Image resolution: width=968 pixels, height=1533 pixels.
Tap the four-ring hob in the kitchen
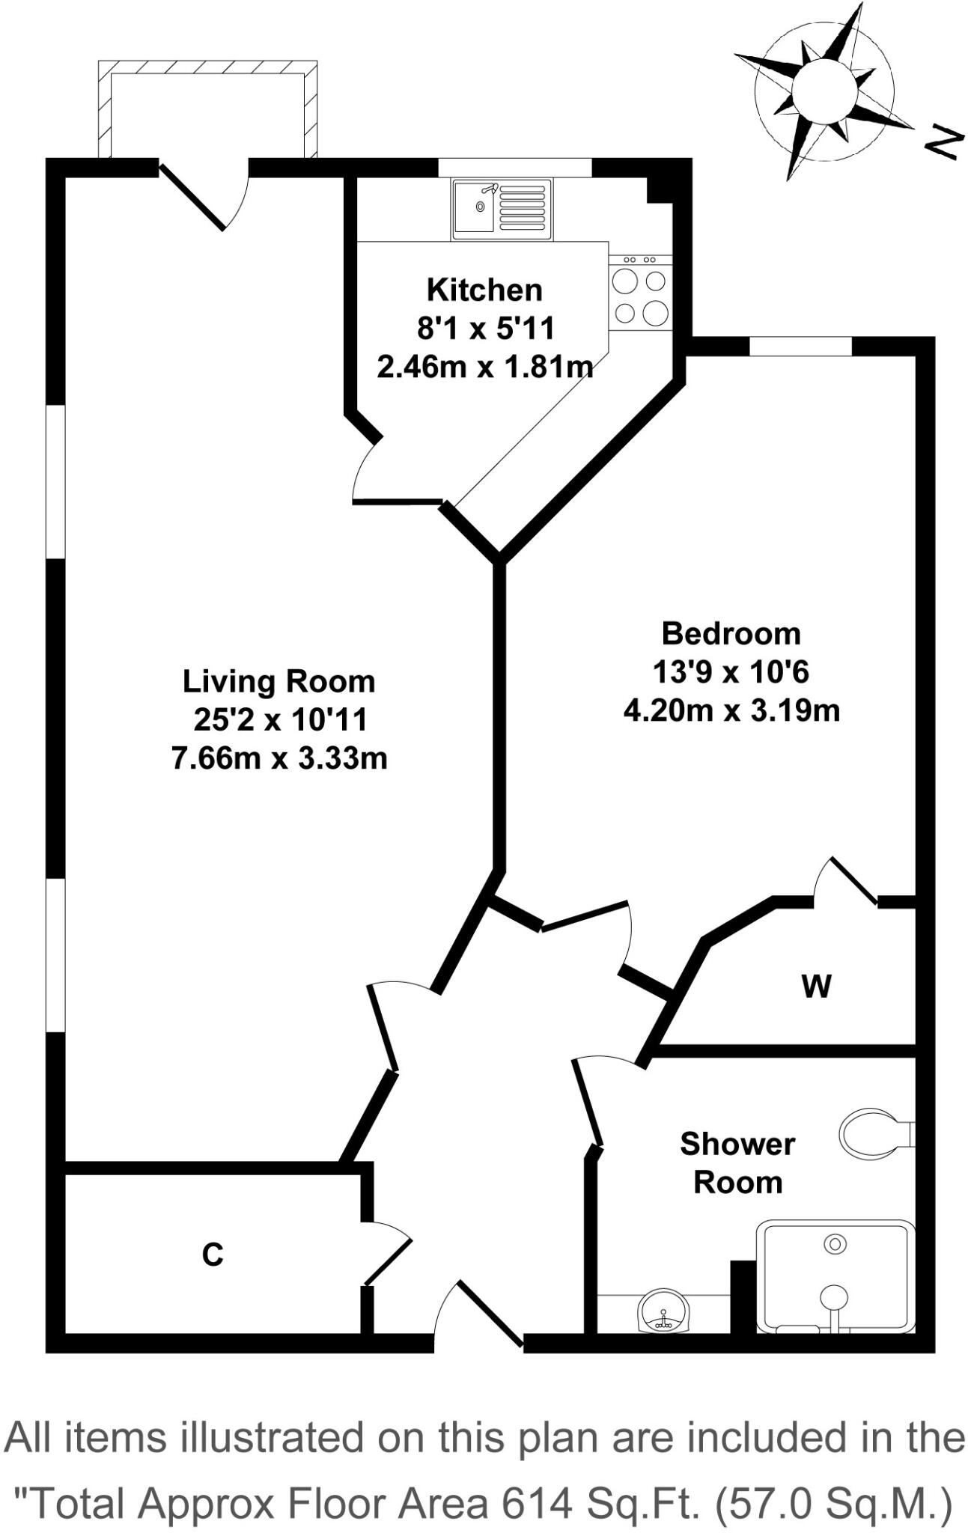(x=639, y=296)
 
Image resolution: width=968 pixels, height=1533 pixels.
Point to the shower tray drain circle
(x=834, y=1244)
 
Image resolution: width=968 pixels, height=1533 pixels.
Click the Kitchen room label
(x=484, y=290)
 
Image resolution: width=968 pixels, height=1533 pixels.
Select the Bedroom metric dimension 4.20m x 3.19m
(x=731, y=710)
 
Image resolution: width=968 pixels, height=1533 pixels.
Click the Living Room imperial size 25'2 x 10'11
(x=280, y=720)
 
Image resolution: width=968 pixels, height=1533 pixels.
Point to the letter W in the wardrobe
(x=816, y=987)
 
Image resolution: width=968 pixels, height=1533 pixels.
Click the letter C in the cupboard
(x=213, y=1255)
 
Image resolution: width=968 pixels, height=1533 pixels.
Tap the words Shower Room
(x=737, y=1162)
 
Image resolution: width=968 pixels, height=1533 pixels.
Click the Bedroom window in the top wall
(x=800, y=346)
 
